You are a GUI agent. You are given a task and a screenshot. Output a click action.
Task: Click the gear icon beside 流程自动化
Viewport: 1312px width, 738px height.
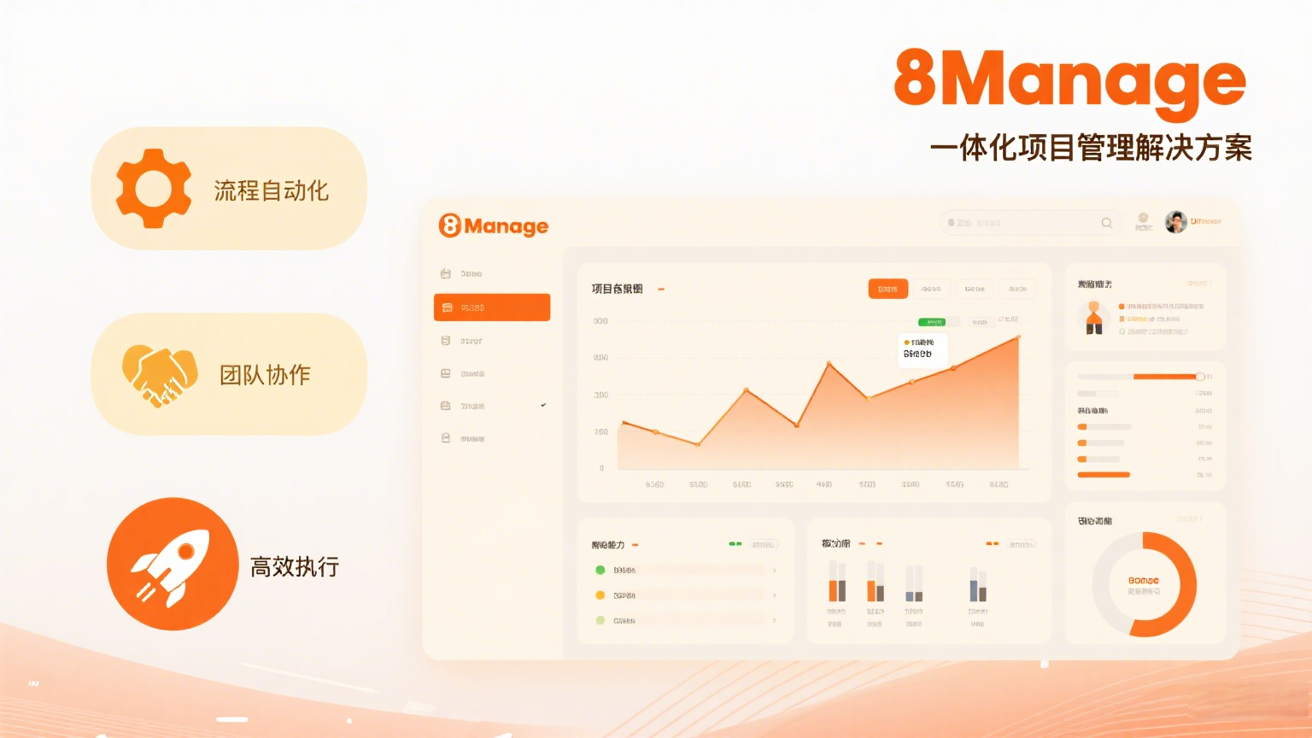[x=154, y=188]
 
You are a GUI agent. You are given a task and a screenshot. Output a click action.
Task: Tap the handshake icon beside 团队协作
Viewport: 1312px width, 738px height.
[x=159, y=374]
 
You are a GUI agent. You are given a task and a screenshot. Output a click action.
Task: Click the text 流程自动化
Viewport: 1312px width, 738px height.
[x=271, y=190]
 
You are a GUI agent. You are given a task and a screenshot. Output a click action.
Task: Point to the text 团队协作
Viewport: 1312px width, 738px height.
[x=265, y=375]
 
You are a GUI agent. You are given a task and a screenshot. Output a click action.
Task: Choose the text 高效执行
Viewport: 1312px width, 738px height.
[x=295, y=566]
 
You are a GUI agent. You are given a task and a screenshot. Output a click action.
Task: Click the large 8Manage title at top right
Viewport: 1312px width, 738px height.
[x=1069, y=79]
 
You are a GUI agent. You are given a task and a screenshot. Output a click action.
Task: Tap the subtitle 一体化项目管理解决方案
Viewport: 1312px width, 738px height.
[x=1091, y=148]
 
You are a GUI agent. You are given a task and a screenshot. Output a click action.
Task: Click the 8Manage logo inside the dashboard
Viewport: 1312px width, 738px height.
[x=494, y=225]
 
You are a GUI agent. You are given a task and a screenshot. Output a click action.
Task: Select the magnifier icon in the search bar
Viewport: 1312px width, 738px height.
[x=1107, y=223]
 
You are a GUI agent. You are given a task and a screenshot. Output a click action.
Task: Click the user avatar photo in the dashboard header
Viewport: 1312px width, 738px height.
[x=1176, y=222]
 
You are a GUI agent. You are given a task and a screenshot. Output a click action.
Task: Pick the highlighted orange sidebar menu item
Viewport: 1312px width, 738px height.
[x=492, y=307]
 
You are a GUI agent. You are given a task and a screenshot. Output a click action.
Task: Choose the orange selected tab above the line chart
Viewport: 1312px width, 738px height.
[x=887, y=289]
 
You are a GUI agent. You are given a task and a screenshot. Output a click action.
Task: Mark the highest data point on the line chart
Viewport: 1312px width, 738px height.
[x=1018, y=338]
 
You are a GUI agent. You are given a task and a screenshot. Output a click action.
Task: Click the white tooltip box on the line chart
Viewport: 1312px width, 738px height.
[x=922, y=349]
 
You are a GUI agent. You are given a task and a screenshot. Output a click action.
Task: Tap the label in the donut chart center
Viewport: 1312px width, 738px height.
[x=1144, y=585]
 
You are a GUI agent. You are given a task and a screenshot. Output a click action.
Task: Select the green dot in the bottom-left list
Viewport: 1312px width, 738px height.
[x=600, y=570]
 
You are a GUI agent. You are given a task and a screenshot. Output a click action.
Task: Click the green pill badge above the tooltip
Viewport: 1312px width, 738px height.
[x=931, y=322]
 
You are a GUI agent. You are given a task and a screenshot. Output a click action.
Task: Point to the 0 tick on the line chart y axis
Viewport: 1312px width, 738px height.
[x=602, y=468]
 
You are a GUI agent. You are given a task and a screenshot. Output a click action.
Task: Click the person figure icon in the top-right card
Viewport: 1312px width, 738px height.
[x=1093, y=318]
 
